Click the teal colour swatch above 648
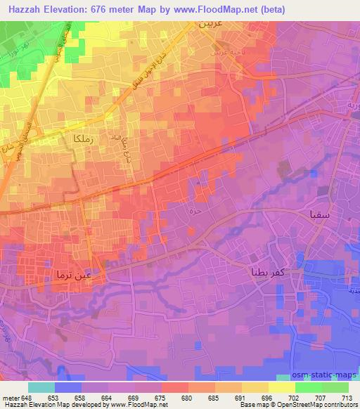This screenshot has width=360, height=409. coord(41,387)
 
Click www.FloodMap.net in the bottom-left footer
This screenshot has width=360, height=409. coord(141,405)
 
